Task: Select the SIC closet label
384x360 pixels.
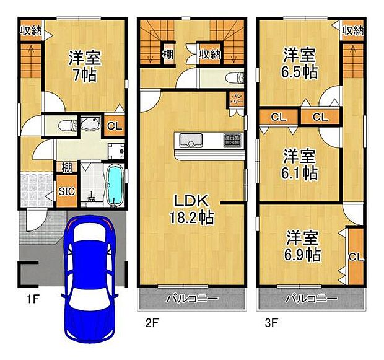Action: (x=67, y=191)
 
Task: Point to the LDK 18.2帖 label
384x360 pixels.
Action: (x=193, y=209)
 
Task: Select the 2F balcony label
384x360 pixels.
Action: (x=192, y=299)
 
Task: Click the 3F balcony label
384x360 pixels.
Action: (x=312, y=299)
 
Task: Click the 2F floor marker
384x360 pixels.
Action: (x=152, y=322)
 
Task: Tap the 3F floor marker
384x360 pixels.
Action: (x=271, y=322)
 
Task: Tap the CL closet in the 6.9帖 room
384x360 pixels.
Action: (x=354, y=257)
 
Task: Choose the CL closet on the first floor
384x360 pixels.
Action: (x=113, y=126)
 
